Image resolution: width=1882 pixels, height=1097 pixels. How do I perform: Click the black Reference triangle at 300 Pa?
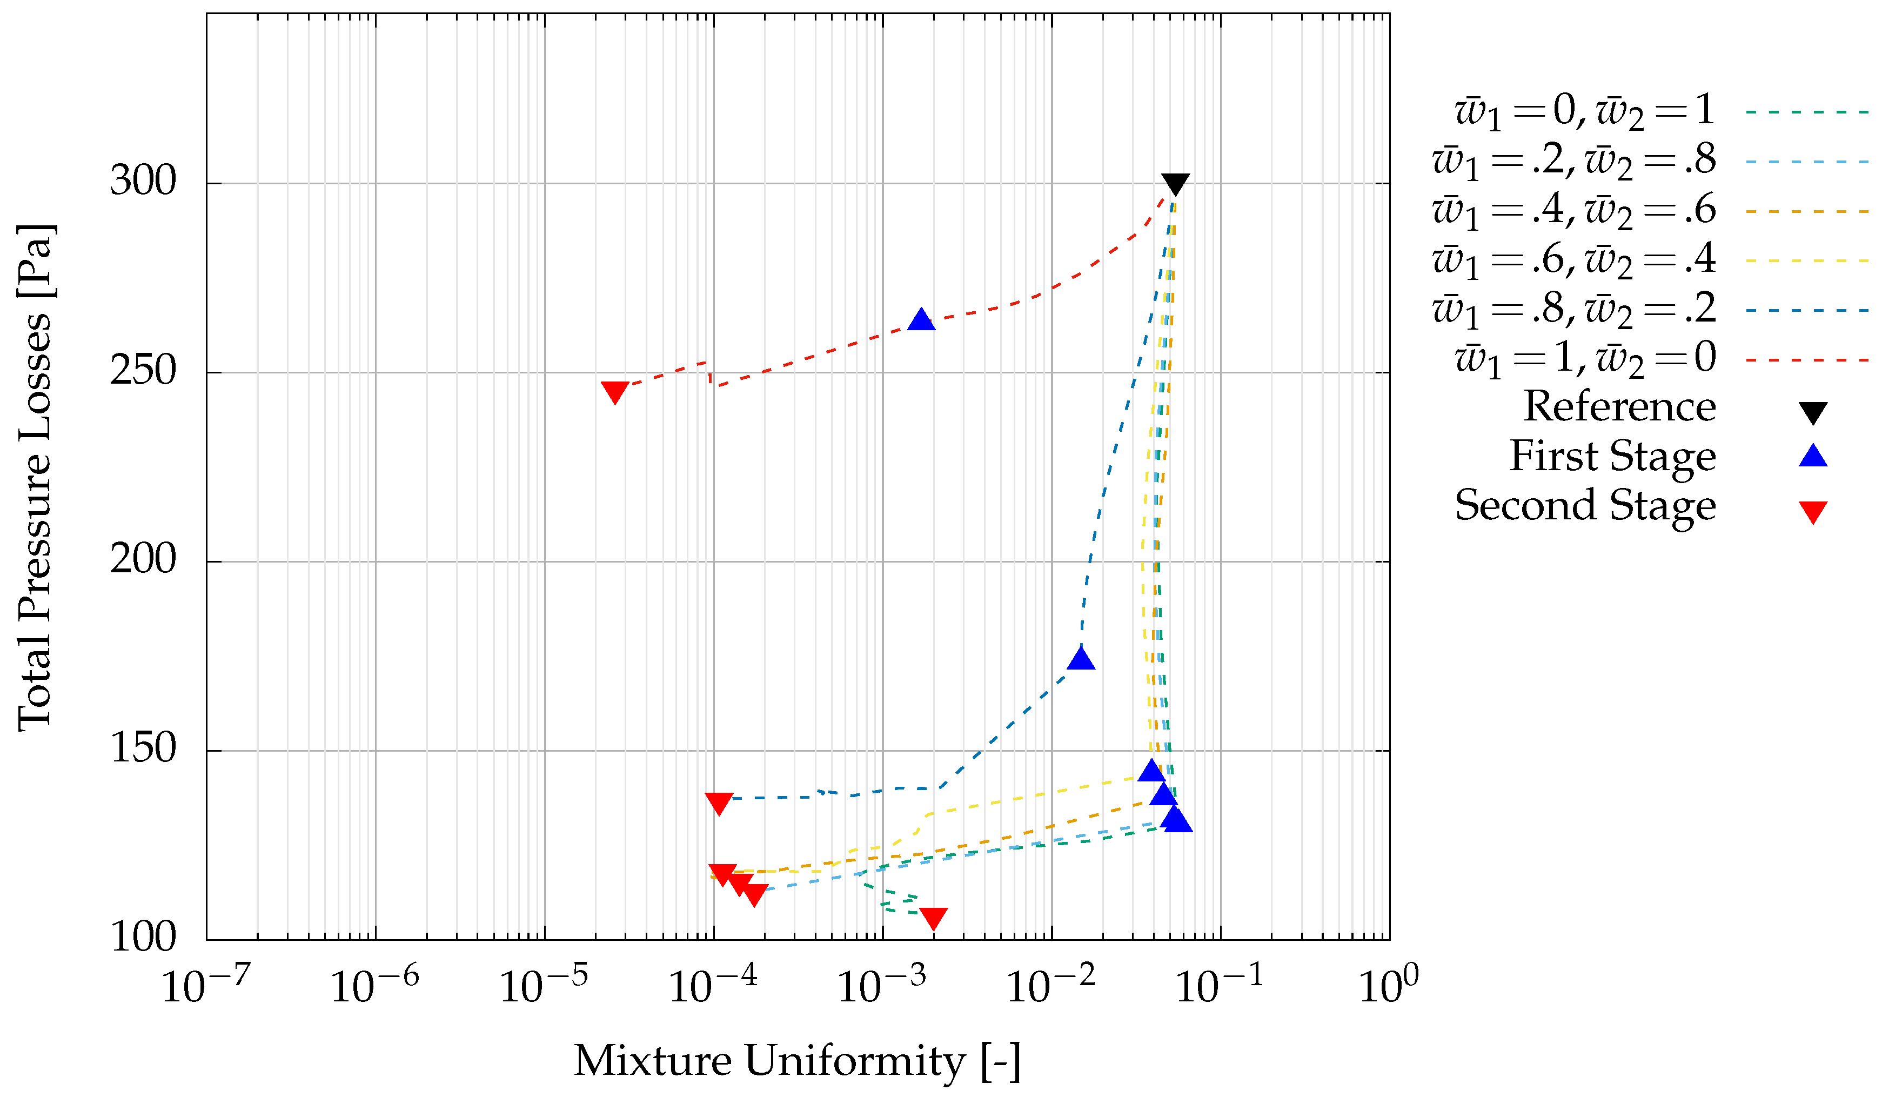(1175, 183)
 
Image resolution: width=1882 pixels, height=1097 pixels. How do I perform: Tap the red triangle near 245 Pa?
(615, 391)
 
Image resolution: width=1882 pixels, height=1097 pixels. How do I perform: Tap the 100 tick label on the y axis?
(143, 937)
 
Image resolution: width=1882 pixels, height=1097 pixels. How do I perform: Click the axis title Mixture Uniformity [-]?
(796, 1060)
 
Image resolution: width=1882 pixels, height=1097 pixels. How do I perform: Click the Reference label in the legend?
(1619, 407)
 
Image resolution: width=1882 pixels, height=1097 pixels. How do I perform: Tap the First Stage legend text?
(1612, 456)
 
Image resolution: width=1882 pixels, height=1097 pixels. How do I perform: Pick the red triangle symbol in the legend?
(1812, 512)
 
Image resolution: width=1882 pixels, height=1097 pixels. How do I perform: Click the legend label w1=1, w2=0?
(1585, 358)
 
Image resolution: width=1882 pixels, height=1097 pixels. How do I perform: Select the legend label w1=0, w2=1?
(1584, 111)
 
